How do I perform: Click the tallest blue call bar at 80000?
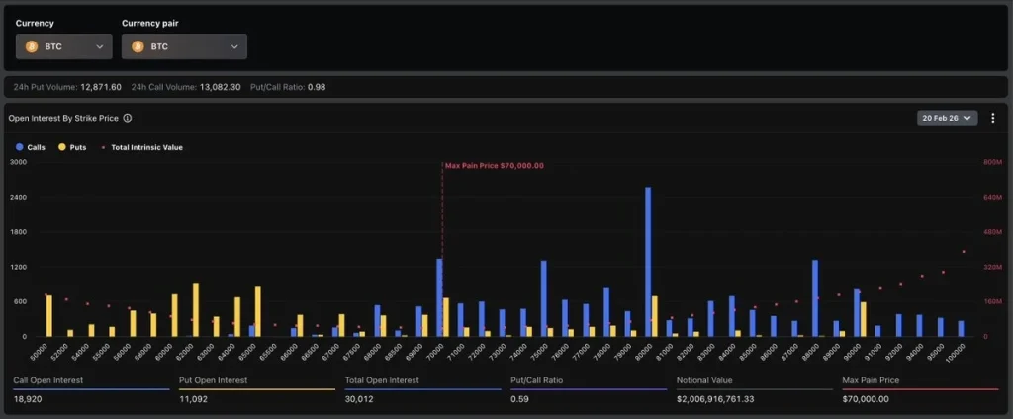pos(648,262)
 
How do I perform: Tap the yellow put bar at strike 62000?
pos(196,309)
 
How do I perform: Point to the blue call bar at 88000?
pos(815,297)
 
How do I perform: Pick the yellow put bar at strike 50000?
pos(48,315)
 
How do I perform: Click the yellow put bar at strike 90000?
pos(864,319)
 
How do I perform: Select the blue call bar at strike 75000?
pos(543,297)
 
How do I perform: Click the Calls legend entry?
pos(32,147)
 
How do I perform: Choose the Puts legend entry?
pos(72,147)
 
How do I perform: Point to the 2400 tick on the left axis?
pos(18,197)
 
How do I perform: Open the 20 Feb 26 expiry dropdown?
pos(948,118)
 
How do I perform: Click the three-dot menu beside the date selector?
pos(992,118)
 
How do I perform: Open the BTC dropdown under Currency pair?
pos(184,46)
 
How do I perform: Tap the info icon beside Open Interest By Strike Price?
pos(128,118)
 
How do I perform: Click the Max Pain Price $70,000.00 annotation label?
pos(494,166)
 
